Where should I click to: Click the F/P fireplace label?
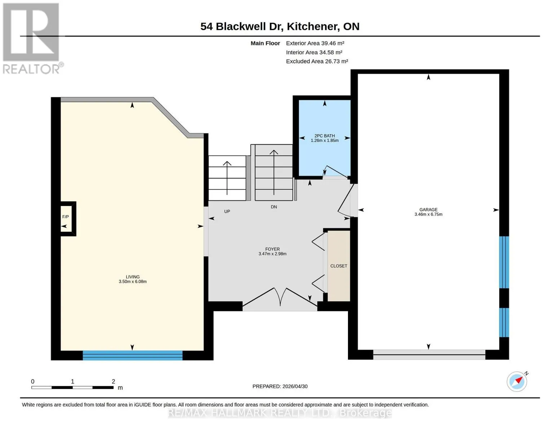coord(66,217)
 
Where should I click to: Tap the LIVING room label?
coord(133,277)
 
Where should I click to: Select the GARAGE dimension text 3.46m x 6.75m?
coord(428,214)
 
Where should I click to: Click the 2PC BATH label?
coord(325,136)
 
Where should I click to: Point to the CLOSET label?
coord(339,266)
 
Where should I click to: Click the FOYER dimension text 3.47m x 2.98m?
coord(272,254)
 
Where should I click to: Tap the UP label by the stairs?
coord(227,211)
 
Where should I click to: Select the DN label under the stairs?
coord(274,207)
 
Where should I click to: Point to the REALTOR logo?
coord(32,39)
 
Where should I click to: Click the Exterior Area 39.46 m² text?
coord(315,43)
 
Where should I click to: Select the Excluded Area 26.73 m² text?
coord(317,61)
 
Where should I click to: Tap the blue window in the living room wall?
coord(132,355)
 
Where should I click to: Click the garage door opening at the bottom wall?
coord(429,355)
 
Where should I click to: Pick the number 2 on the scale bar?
coord(113,381)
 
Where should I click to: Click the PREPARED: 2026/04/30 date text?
coord(280,386)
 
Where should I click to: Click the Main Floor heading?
coord(265,43)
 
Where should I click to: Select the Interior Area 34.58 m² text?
coord(314,52)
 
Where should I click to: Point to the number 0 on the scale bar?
coord(33,381)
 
